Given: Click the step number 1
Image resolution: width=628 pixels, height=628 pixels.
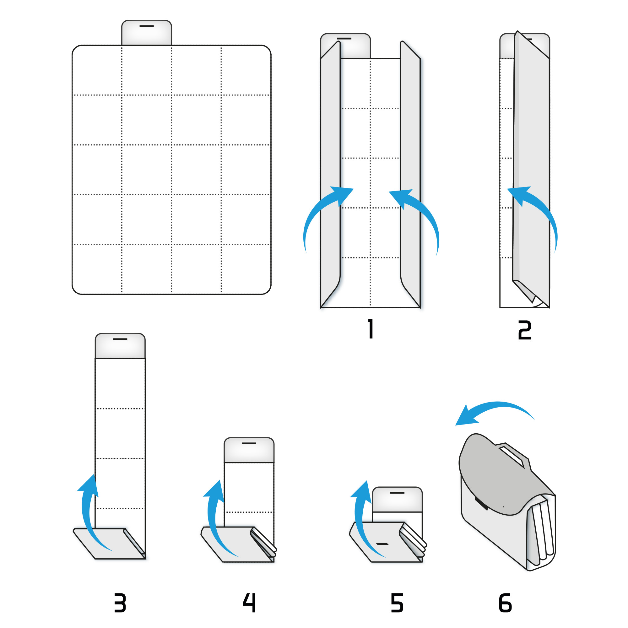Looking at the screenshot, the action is coord(371,329).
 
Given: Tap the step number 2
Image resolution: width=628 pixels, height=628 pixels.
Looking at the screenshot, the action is coord(525,330).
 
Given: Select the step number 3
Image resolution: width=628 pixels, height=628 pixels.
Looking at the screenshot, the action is coord(120,603).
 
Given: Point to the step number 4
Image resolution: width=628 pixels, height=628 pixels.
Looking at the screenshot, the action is coord(249,603).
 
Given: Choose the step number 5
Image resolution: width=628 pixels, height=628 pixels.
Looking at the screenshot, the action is coord(397,603).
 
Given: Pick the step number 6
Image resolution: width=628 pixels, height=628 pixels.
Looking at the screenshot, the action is coord(505,603).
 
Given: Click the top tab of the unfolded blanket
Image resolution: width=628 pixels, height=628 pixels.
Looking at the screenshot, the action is coord(147,33).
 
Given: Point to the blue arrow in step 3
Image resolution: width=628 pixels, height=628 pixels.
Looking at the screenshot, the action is coord(89,514).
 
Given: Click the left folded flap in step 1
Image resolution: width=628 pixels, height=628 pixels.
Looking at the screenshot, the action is coord(330,174).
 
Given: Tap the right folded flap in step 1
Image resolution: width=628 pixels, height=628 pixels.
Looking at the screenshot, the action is coord(410,174).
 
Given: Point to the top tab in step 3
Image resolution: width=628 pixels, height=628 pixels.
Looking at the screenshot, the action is coord(120,346).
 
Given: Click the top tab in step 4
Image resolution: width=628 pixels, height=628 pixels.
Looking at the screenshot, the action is coord(249,450).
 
